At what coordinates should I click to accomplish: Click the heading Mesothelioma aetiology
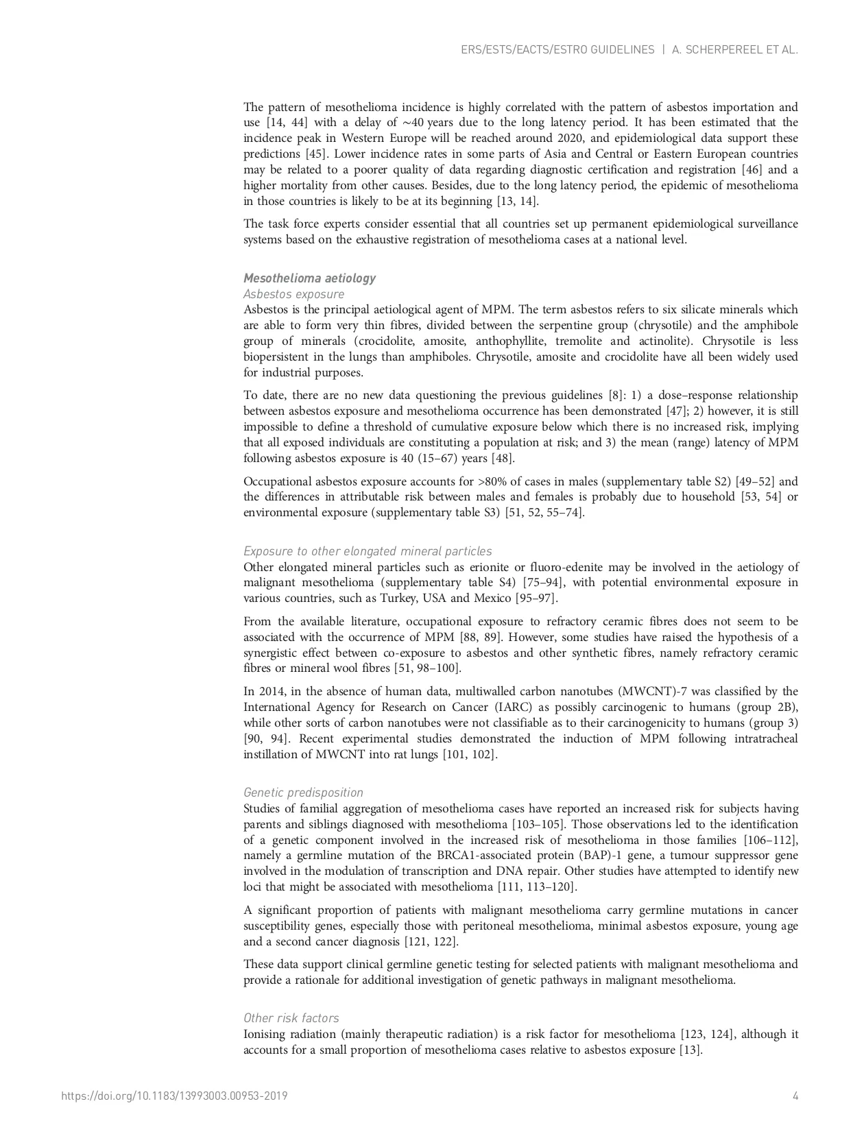pyautogui.click(x=309, y=278)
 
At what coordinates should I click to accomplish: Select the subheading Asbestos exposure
pyautogui.click(x=293, y=294)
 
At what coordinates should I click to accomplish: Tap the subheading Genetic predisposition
pyautogui.click(x=303, y=793)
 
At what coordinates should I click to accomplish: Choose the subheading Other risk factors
pyautogui.click(x=291, y=1018)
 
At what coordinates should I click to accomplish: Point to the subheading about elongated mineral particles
pyautogui.click(x=368, y=551)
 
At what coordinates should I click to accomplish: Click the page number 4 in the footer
pyautogui.click(x=795, y=1096)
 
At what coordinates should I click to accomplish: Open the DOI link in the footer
pyautogui.click(x=174, y=1096)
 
